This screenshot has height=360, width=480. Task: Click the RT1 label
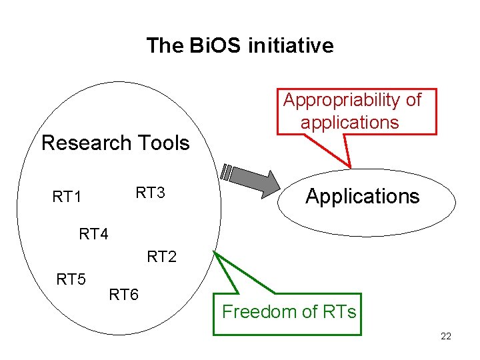click(67, 197)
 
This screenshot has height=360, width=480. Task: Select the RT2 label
click(162, 257)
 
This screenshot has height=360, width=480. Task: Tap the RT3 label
click(150, 193)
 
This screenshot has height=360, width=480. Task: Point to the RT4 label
click(93, 234)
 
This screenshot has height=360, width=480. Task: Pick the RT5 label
click(71, 279)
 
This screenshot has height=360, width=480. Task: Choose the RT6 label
click(123, 294)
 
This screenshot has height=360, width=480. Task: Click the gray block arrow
click(253, 180)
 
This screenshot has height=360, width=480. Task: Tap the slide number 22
click(446, 336)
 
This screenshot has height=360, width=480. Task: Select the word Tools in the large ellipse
click(163, 143)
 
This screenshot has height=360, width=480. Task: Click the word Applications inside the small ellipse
click(363, 196)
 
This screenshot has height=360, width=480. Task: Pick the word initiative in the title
click(291, 45)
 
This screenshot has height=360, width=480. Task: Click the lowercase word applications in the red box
click(350, 123)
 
